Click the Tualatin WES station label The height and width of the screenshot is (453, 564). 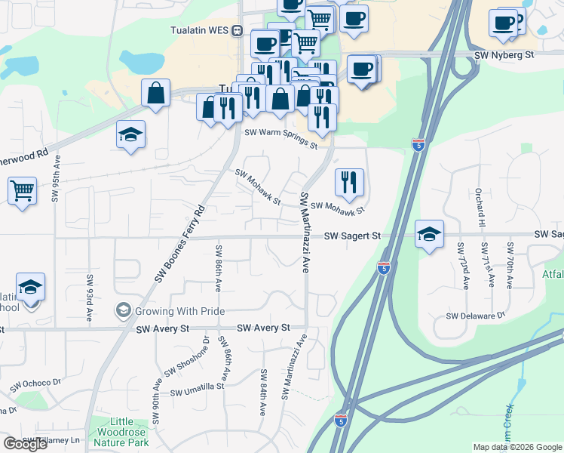point(199,30)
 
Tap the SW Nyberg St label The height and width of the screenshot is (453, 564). point(504,55)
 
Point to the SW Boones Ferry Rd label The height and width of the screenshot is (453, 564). point(181,243)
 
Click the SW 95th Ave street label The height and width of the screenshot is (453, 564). point(56,180)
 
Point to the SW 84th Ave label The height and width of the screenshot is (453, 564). point(264,393)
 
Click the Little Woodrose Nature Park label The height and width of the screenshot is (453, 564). point(122,432)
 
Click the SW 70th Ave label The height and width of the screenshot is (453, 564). point(510,264)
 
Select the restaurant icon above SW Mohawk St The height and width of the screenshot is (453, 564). point(349,181)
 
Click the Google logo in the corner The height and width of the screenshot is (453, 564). point(26,444)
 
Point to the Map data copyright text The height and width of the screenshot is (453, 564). point(516,447)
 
